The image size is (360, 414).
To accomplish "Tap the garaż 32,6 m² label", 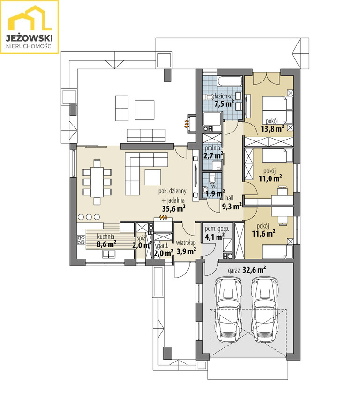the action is tap(247, 270).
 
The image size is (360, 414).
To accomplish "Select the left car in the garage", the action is tap(228, 310).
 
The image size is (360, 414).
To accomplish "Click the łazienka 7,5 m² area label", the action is tap(224, 100).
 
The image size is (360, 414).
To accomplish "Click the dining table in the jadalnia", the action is tap(97, 182).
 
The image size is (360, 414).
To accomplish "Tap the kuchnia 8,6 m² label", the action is tap(106, 240).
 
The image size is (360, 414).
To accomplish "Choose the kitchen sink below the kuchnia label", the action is tap(108, 254).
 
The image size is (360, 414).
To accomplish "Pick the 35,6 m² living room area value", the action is tap(173, 208).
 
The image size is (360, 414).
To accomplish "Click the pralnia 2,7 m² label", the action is tap(213, 152).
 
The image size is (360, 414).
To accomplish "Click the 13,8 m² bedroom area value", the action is tap(272, 129).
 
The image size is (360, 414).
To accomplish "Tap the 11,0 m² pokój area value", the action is tap(270, 178).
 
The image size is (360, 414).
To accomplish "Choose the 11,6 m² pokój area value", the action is tap(263, 233).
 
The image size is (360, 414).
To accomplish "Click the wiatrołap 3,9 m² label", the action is tap(186, 247).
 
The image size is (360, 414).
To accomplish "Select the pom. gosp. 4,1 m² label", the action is tap(217, 233).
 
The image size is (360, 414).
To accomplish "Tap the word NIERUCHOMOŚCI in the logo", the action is tap(29, 46).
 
